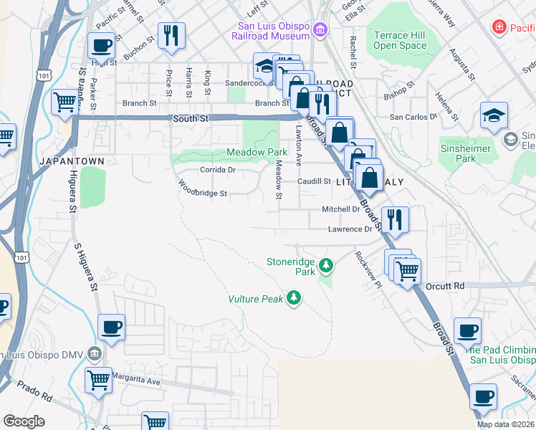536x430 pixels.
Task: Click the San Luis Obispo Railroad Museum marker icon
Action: coord(320,31)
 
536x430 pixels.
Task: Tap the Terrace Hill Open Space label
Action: coord(400,40)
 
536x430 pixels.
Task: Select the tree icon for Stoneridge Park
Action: coord(327,267)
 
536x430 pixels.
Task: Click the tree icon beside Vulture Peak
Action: coord(293,297)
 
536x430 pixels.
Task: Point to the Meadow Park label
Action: coord(257,152)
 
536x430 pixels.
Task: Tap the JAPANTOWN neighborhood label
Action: coord(72,161)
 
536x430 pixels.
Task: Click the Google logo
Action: coord(24,421)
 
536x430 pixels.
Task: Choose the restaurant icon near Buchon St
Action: coord(171,35)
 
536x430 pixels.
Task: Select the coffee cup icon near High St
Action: coord(101,47)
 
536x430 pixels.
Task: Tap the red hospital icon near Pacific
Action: coord(499,27)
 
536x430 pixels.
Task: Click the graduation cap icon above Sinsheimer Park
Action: coord(494,115)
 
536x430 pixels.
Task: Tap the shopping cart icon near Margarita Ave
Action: coord(98,379)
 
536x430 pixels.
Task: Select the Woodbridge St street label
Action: coord(202,193)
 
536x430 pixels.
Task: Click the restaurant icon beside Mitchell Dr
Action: coord(395,219)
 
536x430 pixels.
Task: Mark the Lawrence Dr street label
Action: coord(350,229)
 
